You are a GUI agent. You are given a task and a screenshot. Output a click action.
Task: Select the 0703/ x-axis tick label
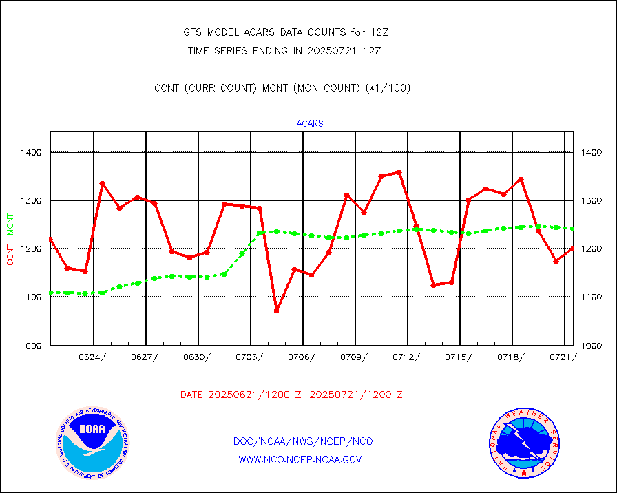pos(251,357)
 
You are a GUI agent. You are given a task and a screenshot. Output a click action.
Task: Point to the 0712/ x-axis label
pos(408,357)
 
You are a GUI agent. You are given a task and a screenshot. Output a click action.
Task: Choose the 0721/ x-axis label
pos(562,357)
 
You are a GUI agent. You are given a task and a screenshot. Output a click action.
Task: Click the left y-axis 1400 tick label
pos(31,152)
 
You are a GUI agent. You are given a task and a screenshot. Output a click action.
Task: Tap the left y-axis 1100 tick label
pos(31,297)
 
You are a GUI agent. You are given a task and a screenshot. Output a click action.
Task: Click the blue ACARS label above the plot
pos(310,124)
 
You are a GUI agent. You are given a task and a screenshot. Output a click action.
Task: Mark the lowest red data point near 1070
pos(276,311)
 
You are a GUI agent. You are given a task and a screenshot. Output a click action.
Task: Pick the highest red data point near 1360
pos(399,172)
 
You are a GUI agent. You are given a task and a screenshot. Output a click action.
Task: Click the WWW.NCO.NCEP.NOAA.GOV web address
pos(300,460)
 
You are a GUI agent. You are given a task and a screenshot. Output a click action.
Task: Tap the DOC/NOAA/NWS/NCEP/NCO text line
pos(303,441)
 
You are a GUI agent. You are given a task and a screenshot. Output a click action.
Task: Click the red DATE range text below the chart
pos(291,395)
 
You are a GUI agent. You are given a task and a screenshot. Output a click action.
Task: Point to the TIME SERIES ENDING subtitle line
pos(284,50)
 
